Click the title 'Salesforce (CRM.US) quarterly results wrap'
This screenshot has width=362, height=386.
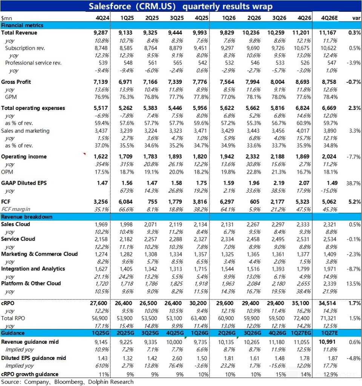pos(181,7)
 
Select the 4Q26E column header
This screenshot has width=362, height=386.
pos(329,18)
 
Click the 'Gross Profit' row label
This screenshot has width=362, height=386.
pos(16,82)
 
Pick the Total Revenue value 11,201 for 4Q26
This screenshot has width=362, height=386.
pos(302,33)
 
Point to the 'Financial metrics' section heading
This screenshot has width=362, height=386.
pos(22,25)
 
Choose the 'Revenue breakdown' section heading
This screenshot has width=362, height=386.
pos(26,217)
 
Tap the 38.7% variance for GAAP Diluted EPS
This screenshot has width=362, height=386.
pos(353,183)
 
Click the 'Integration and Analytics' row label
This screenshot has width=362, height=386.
pos(33,269)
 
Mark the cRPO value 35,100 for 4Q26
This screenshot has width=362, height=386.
pos(302,303)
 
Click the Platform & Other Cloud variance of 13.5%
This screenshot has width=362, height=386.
pos(353,284)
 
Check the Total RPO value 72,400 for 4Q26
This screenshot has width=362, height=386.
pos(302,318)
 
